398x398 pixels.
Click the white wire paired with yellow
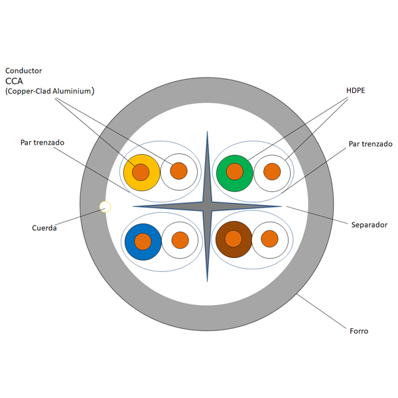click(x=179, y=171)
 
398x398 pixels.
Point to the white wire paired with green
click(x=272, y=172)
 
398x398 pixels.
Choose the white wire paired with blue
click(x=180, y=240)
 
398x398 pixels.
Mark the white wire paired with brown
click(x=269, y=239)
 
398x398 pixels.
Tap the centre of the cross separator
click(x=207, y=207)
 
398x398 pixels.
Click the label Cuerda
click(x=44, y=228)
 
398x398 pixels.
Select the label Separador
click(x=369, y=225)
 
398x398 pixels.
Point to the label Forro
click(x=359, y=330)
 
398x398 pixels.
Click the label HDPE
click(x=356, y=90)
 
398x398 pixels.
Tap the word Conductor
click(x=24, y=70)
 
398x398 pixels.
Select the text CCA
click(x=15, y=81)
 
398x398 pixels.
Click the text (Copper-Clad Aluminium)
click(x=50, y=92)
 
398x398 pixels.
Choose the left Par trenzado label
click(x=42, y=142)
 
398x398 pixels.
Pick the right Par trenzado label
click(x=370, y=144)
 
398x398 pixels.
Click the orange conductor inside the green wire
click(x=235, y=172)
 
